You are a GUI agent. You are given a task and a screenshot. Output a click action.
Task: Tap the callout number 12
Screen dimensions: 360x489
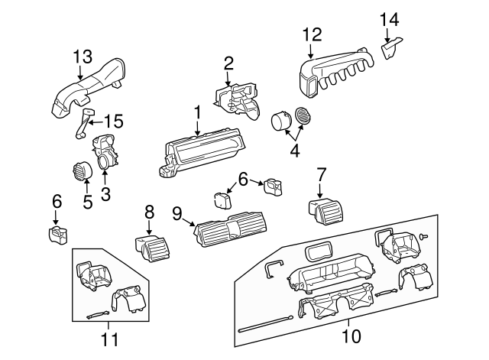(x=312, y=34)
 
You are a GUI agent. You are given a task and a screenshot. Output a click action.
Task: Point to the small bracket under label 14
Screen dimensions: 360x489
(x=392, y=50)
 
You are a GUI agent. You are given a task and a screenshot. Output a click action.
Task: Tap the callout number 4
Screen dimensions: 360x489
(x=294, y=151)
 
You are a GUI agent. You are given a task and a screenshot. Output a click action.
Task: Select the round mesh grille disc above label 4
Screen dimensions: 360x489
(x=304, y=117)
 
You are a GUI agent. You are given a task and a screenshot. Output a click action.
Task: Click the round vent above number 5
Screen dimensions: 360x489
(x=80, y=171)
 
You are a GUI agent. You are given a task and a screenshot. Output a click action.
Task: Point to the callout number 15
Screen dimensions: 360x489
(x=113, y=121)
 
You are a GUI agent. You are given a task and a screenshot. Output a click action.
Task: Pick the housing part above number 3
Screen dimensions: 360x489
(x=105, y=151)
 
